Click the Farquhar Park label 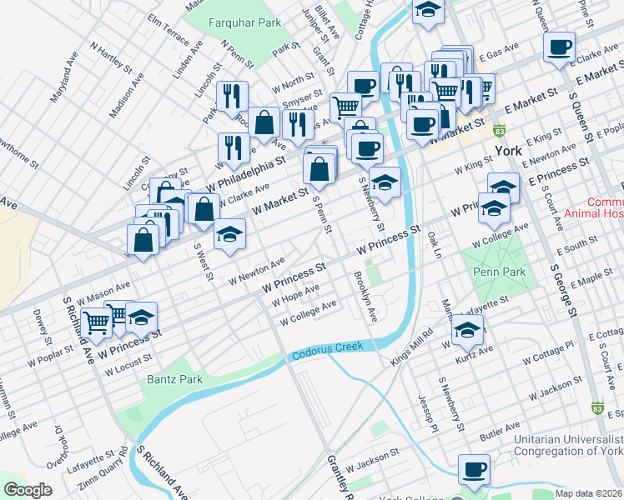click(x=245, y=23)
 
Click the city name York click(x=507, y=151)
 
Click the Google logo click(x=28, y=490)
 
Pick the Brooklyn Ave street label click(x=366, y=297)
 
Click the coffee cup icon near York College click(x=475, y=468)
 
